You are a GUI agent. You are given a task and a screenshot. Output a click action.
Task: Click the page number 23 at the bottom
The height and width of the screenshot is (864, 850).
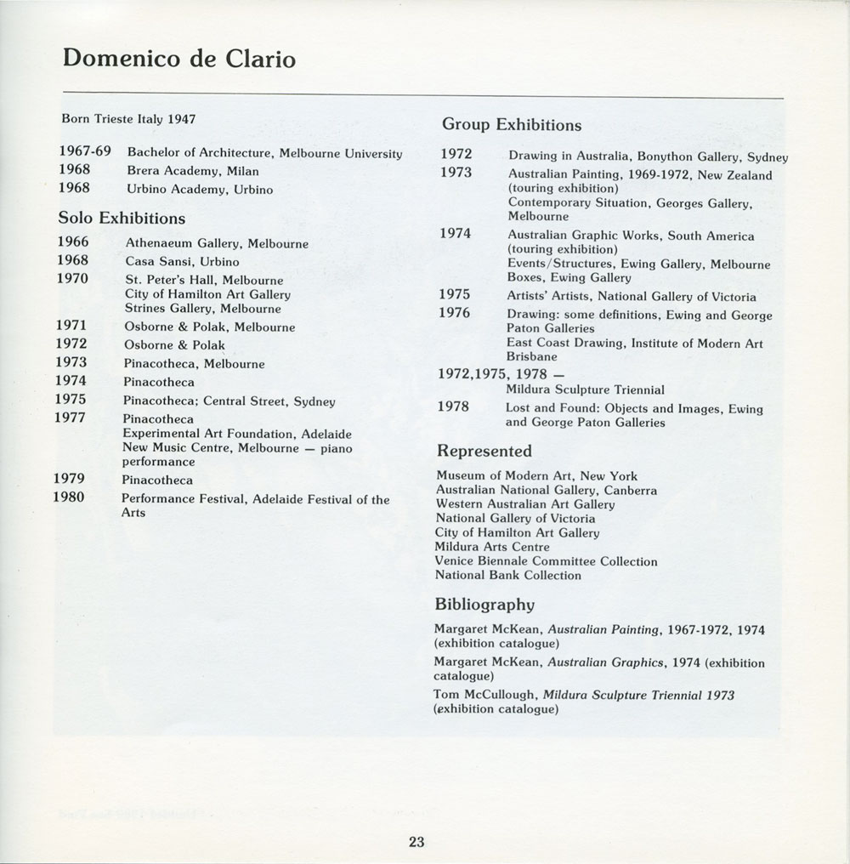coord(416,843)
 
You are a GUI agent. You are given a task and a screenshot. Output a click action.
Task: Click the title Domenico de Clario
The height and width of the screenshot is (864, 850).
coord(178,59)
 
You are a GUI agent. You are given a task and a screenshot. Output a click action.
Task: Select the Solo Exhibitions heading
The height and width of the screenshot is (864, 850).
coord(122,218)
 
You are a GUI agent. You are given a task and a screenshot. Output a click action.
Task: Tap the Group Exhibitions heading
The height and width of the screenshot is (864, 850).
coord(511,125)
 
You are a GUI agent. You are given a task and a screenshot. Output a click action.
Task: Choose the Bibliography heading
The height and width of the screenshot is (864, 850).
coord(484,605)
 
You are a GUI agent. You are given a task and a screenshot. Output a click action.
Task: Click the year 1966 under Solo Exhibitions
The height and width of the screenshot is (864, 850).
coord(72,242)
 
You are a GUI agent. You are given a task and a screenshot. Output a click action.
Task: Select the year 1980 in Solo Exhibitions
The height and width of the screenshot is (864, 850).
coord(69,497)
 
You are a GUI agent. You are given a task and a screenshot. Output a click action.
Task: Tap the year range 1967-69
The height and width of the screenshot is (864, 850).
coord(85,152)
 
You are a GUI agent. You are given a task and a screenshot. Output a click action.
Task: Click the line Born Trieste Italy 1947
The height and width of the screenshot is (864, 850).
coord(128,119)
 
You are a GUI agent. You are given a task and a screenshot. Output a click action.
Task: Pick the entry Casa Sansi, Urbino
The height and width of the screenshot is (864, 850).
coord(182,261)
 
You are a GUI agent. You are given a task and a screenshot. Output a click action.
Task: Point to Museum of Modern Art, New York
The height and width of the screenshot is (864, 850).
coord(535,476)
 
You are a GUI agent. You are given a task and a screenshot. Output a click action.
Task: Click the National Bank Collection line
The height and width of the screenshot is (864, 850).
coord(507,576)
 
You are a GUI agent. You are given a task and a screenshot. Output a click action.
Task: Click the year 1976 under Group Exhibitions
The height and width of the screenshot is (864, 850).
coord(455,313)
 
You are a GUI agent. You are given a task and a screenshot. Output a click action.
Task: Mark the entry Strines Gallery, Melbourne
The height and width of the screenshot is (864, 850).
coord(202,308)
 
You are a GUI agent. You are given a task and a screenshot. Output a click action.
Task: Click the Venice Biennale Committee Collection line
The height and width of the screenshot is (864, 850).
coord(546,561)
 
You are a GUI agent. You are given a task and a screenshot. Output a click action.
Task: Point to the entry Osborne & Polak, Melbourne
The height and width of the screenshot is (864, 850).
coord(209,327)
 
